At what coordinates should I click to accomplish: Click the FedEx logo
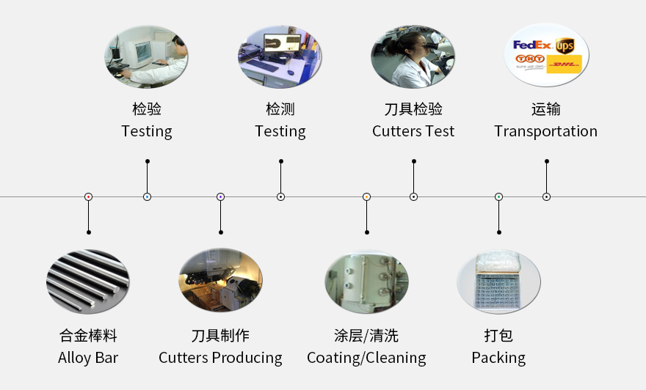532,45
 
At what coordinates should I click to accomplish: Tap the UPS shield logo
565,46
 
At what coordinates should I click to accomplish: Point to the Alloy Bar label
88,358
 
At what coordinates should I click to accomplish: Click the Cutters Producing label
220,358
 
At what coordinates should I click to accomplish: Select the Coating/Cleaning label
366,358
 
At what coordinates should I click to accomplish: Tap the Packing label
498,358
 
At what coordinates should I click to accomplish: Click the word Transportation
545,131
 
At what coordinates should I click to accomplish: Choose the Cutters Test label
413,131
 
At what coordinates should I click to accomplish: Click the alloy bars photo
88,281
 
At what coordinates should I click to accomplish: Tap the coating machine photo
366,281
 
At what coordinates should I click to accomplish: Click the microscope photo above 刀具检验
413,56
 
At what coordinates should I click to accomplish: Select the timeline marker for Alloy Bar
88,196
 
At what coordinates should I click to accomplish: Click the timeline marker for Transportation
546,196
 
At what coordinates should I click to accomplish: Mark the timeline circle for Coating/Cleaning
366,196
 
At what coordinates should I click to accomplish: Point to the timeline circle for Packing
498,196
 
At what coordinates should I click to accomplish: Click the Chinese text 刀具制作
220,336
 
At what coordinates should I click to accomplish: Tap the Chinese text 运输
545,109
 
